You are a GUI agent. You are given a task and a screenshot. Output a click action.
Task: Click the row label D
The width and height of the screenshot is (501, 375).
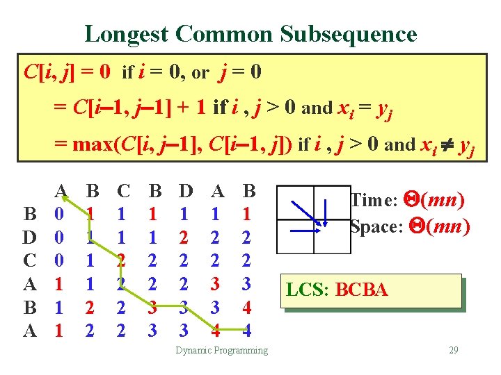[x=30, y=237]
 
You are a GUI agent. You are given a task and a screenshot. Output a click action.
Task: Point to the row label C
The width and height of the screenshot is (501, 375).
[x=30, y=261]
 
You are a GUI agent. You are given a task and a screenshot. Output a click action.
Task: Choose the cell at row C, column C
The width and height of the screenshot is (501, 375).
[x=122, y=261]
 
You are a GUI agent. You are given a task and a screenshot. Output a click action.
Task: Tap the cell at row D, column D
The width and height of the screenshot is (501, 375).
[x=184, y=237]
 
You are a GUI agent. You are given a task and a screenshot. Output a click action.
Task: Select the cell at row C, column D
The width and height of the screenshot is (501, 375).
[x=184, y=261]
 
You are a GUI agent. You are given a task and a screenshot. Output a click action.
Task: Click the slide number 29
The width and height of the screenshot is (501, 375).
[x=453, y=350]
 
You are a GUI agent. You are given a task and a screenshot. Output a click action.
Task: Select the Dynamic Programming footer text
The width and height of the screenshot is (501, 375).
[x=221, y=350]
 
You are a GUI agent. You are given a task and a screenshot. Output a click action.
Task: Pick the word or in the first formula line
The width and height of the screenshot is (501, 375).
[x=200, y=72]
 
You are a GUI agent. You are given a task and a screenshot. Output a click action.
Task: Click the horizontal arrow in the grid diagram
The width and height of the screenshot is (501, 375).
[x=305, y=229]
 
